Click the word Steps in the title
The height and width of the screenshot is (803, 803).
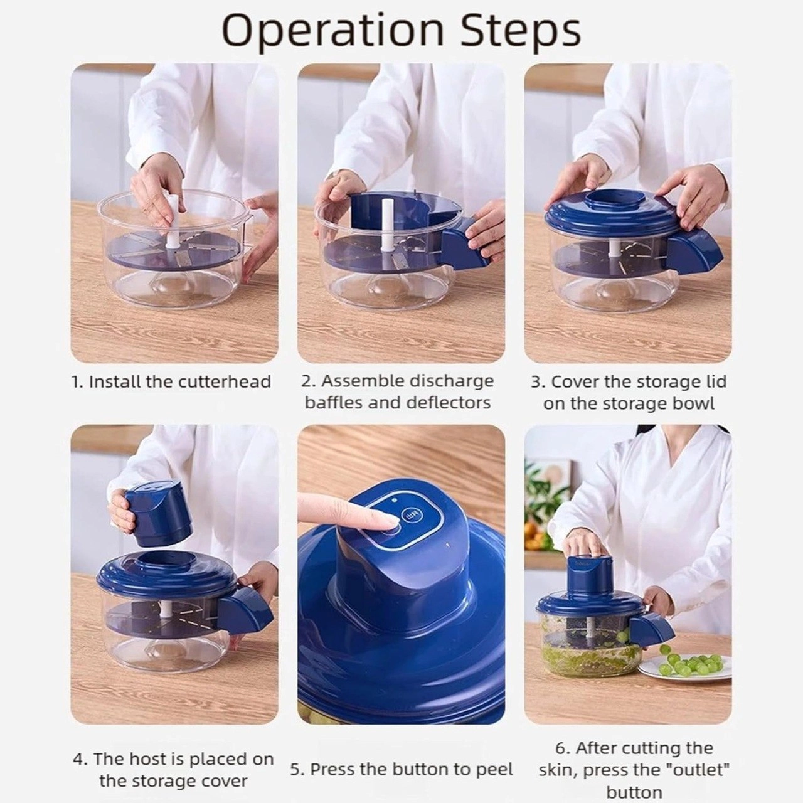click(521, 31)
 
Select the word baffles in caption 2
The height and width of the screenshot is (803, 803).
click(334, 403)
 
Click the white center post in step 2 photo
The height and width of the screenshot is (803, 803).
click(386, 226)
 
